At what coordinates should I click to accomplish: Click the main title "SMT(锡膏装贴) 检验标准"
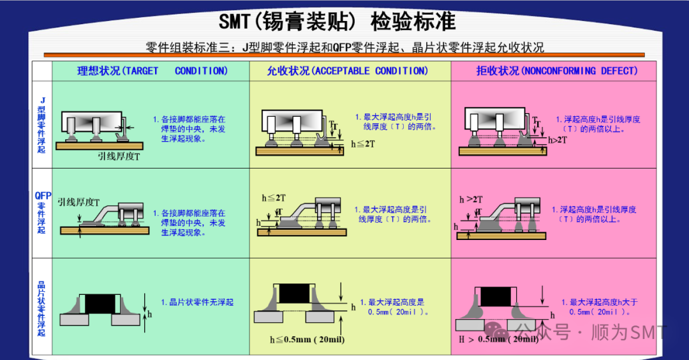[x=337, y=22]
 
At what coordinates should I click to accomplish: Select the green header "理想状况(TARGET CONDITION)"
[x=152, y=71]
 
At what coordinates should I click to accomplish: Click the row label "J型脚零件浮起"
[x=42, y=124]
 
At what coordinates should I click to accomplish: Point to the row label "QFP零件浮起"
[x=42, y=212]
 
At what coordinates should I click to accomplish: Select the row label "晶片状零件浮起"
[x=42, y=308]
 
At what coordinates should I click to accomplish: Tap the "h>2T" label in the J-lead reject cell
[x=557, y=139]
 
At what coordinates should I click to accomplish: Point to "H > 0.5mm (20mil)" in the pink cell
[x=498, y=339]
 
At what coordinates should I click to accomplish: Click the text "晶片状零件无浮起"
[x=197, y=302]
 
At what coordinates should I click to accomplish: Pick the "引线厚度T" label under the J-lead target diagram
[x=119, y=156]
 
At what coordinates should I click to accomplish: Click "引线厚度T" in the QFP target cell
[x=78, y=202]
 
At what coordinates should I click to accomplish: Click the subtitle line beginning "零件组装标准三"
[x=344, y=48]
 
